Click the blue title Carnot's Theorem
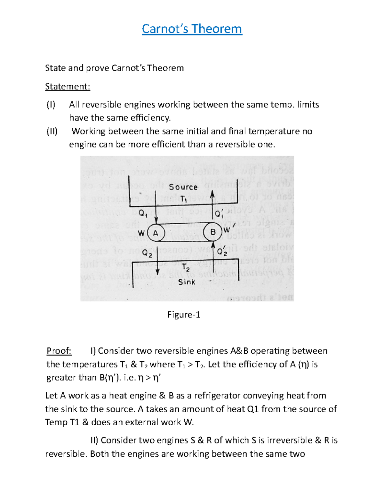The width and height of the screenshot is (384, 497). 192,29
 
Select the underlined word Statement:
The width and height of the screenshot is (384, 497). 68,87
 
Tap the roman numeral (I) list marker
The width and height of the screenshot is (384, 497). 51,105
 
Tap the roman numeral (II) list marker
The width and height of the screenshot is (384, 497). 52,131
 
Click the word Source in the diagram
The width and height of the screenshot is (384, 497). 183,187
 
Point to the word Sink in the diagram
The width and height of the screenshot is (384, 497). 187,282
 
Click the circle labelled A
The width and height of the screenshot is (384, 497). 156,233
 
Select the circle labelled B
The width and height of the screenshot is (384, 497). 213,232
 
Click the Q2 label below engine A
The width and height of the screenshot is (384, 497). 147,253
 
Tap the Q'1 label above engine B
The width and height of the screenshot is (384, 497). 219,214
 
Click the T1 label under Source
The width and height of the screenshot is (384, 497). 183,199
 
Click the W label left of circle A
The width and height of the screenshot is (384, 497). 141,233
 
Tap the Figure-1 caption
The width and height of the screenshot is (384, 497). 184,315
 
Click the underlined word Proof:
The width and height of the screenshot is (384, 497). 59,351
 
